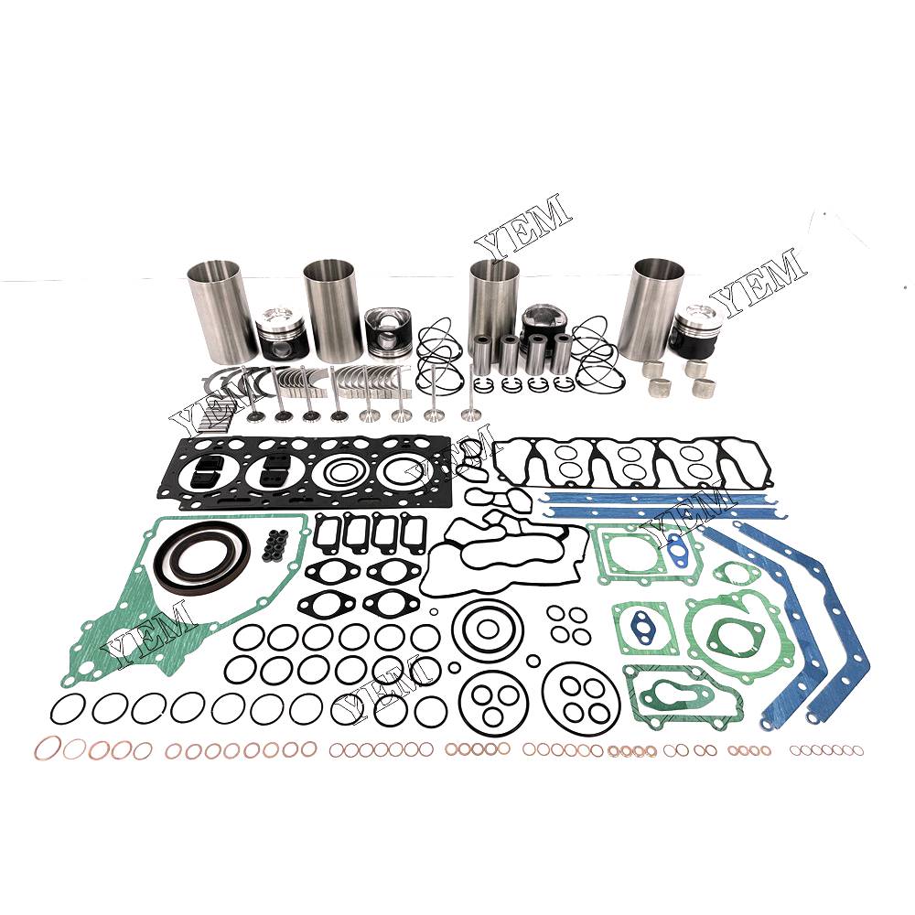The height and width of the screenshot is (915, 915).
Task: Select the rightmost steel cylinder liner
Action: tap(651, 308)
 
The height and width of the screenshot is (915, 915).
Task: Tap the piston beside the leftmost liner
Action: tap(284, 336)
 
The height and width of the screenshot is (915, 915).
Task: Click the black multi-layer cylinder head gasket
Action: tap(304, 472)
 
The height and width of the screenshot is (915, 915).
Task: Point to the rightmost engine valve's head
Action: tap(468, 415)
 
